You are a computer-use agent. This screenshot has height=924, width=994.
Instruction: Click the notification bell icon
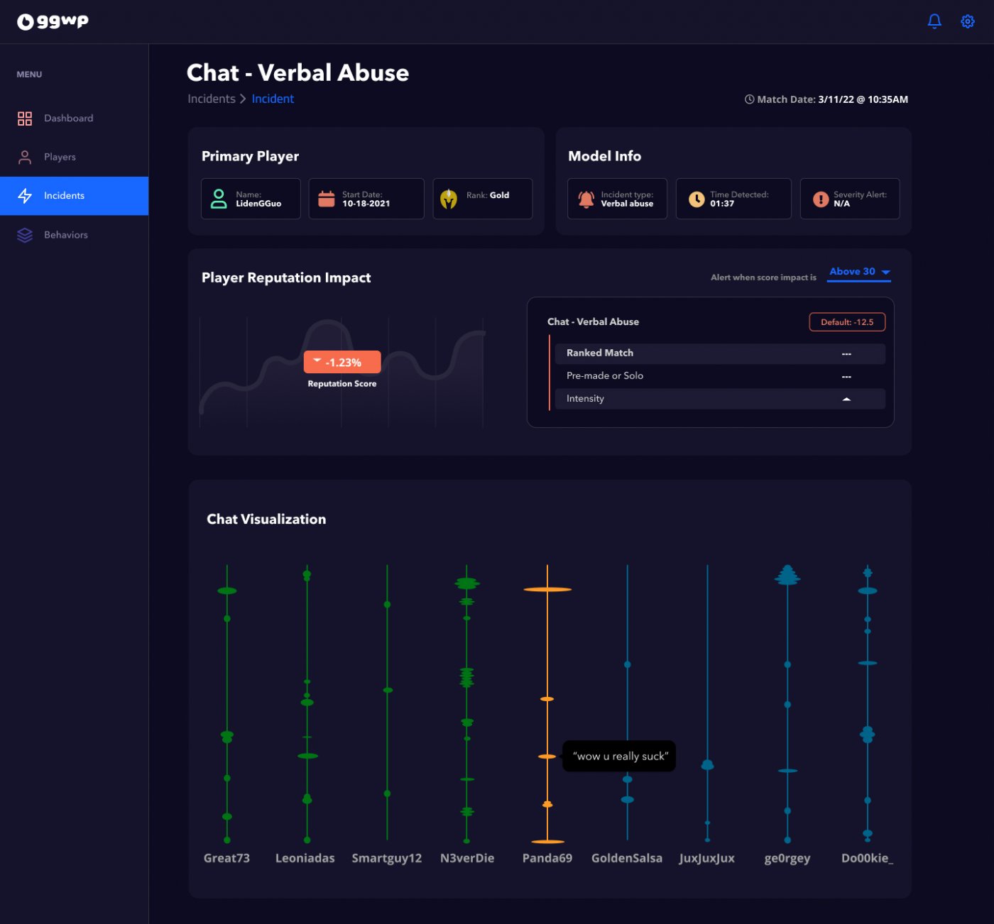point(934,21)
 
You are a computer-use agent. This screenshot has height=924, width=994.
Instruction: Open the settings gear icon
point(967,21)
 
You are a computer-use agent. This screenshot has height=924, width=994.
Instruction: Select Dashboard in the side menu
point(68,119)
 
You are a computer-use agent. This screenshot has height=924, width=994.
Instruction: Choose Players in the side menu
point(60,157)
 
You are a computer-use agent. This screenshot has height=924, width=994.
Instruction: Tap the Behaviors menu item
point(65,235)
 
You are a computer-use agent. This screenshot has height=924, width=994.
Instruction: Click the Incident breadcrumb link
point(273,99)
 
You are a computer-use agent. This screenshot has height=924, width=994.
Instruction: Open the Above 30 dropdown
point(859,272)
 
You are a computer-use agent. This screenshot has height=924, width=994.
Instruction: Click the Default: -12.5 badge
point(847,322)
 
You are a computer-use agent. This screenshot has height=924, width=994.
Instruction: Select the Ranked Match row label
point(600,353)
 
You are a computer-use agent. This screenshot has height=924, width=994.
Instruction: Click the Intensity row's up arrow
point(846,400)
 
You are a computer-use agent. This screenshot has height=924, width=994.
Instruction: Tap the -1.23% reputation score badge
point(342,363)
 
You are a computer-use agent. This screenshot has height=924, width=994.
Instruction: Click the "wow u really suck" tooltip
point(619,757)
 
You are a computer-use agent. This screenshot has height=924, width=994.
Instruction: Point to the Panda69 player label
point(547,859)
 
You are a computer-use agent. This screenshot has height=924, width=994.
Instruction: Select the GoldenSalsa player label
point(626,859)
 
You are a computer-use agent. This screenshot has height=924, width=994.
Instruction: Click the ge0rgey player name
point(787,859)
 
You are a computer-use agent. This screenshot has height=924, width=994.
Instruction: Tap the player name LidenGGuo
point(258,204)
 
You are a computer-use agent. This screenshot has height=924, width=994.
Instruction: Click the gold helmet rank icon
point(448,199)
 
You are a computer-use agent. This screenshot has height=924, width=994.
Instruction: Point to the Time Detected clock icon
point(697,199)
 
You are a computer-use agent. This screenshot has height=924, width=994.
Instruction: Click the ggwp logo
point(53,21)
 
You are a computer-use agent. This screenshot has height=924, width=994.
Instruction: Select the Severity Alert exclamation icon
point(821,199)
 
